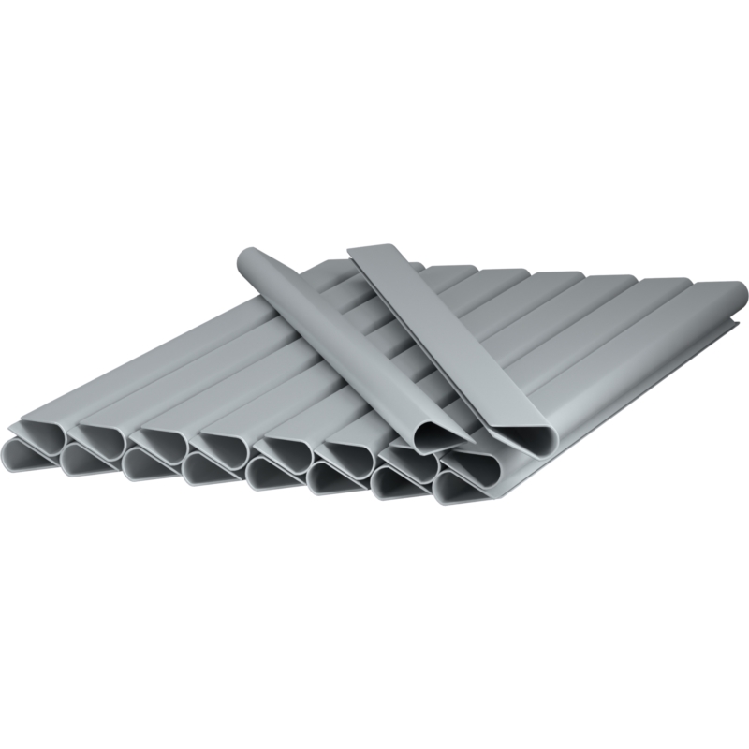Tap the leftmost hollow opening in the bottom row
click(21, 458)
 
